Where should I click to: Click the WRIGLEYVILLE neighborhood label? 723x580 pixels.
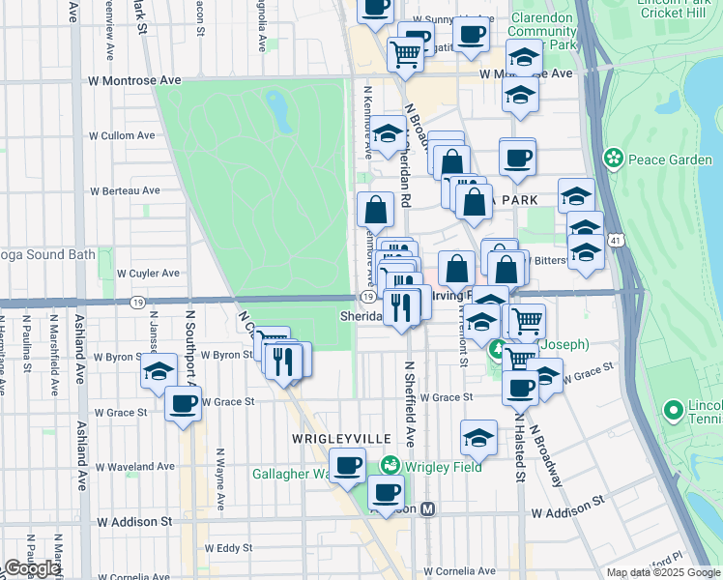(x=333, y=439)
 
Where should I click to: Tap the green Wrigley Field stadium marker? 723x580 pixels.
(x=390, y=466)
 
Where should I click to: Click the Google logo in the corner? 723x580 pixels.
(x=31, y=569)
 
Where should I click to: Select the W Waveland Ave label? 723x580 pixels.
(x=133, y=467)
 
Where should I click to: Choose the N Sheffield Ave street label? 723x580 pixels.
(x=410, y=403)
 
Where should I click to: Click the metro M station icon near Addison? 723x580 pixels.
(x=428, y=508)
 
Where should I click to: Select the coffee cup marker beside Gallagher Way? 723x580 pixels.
(x=347, y=464)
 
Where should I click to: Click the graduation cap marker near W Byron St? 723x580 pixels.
(x=159, y=371)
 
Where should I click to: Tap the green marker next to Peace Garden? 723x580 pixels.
(x=612, y=158)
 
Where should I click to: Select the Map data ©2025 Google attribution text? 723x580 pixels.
(x=663, y=572)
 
